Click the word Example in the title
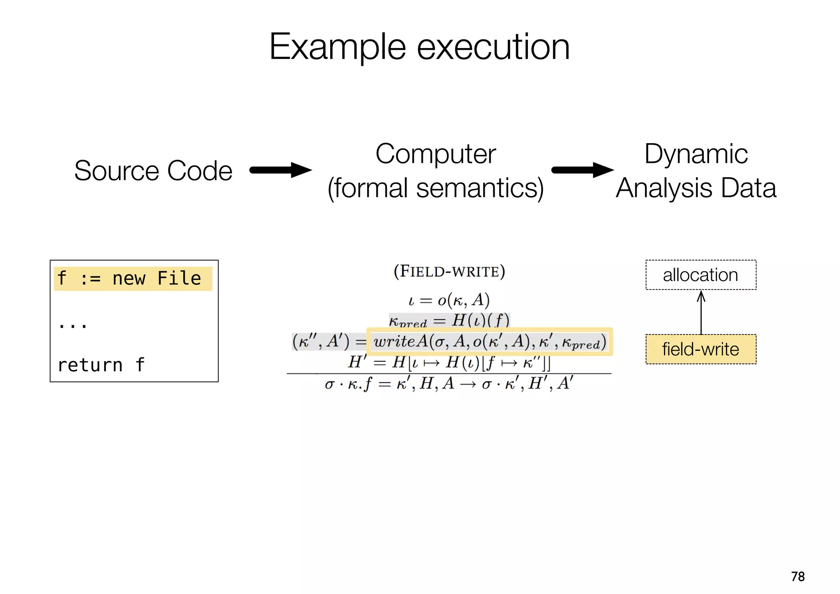[337, 47]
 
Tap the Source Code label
[153, 171]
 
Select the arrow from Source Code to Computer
[281, 170]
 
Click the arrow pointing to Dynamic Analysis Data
[582, 170]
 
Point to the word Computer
[436, 154]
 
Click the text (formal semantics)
[436, 188]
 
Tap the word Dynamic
[696, 154]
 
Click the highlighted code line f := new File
[133, 279]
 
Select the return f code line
[101, 365]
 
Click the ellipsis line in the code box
[73, 325]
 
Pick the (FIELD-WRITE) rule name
[449, 272]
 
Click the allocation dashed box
[701, 275]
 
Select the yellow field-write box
[701, 349]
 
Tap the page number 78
[798, 576]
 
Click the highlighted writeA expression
[489, 342]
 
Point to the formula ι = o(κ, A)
[449, 300]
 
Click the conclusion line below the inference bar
[449, 384]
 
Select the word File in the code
[179, 279]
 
